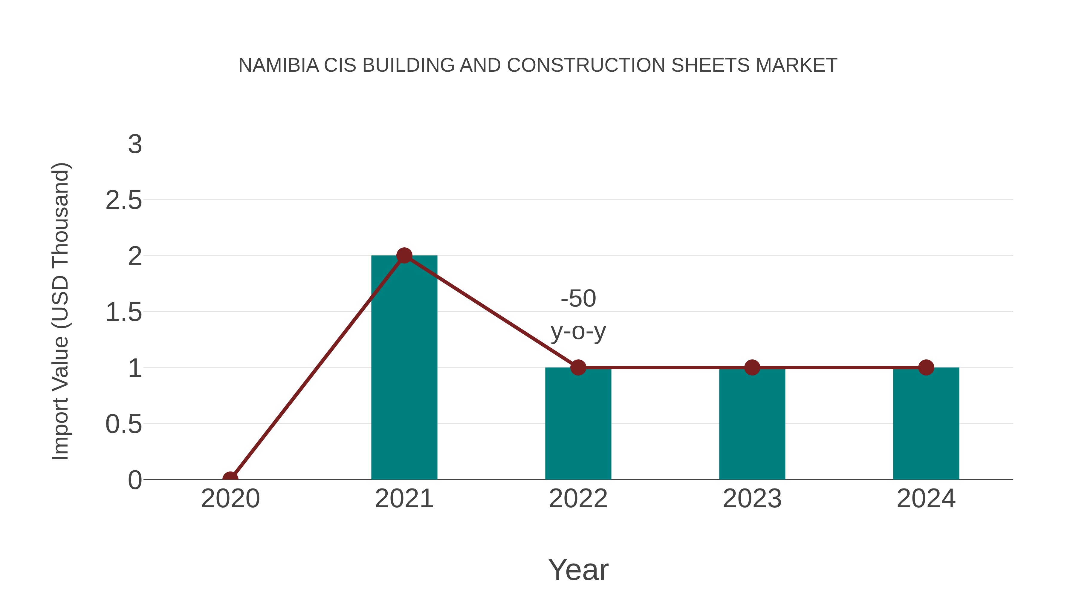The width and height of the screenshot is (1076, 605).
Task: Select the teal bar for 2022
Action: pyautogui.click(x=578, y=423)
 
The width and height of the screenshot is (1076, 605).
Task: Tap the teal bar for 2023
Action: pyautogui.click(x=752, y=423)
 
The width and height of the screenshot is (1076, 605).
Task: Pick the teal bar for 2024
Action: pyautogui.click(x=926, y=423)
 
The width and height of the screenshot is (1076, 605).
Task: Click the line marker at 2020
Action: pyautogui.click(x=230, y=479)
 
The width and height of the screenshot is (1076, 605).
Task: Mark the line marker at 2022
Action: pyautogui.click(x=578, y=367)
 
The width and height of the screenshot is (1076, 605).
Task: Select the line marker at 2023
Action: pyautogui.click(x=752, y=367)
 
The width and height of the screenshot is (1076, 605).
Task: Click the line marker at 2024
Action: pyautogui.click(x=926, y=367)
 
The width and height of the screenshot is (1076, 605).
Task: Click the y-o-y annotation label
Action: pyautogui.click(x=578, y=332)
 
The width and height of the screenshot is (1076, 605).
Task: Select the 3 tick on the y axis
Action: pyautogui.click(x=135, y=145)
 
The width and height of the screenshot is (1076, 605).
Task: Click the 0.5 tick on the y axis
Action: pyautogui.click(x=124, y=424)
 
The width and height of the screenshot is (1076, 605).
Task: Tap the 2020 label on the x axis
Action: pyautogui.click(x=230, y=499)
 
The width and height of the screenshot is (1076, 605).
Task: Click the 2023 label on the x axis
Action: pyautogui.click(x=752, y=499)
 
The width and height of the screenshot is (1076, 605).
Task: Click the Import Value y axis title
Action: pyautogui.click(x=61, y=312)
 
